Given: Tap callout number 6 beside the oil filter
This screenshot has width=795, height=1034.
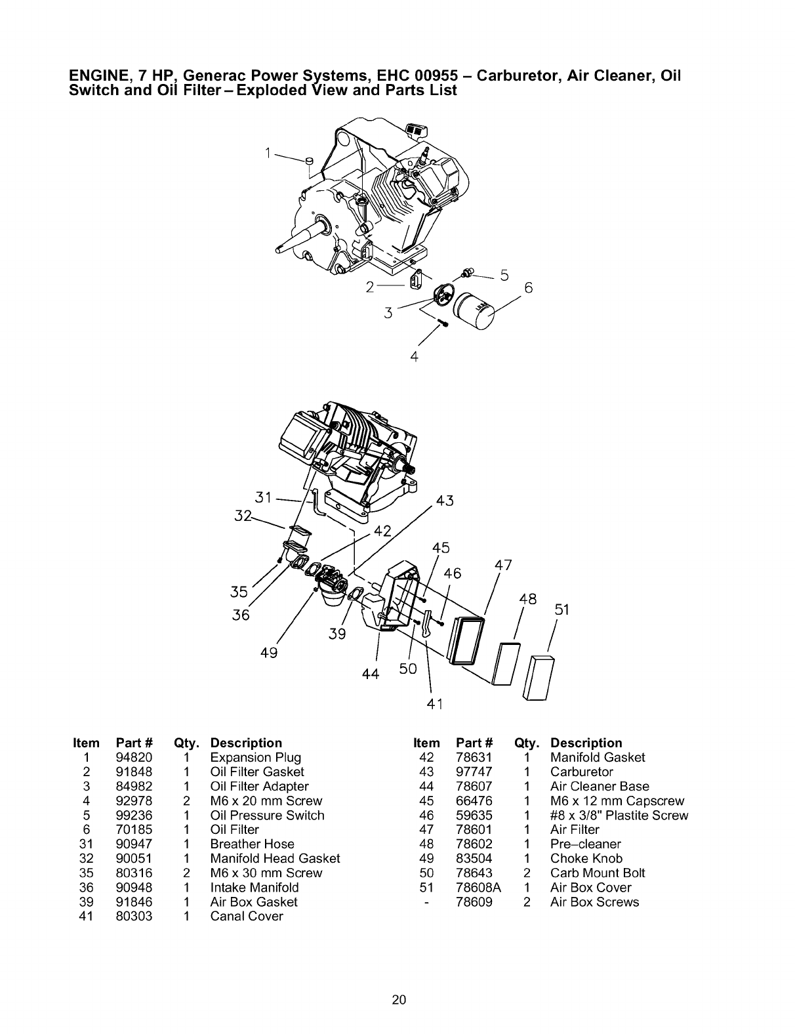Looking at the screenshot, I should [x=529, y=288].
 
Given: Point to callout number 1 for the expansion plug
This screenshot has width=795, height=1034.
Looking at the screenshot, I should [x=268, y=153].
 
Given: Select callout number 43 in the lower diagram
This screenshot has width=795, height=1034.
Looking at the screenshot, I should [x=445, y=501].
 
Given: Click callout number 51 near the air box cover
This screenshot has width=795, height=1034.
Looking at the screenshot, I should [x=561, y=610].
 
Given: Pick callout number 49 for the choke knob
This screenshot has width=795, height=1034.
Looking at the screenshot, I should [x=269, y=653].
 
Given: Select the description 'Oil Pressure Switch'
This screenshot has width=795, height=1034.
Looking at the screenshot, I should [x=267, y=816].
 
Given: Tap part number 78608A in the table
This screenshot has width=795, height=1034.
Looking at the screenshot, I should [x=478, y=888].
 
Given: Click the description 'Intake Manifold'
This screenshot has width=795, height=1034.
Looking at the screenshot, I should [x=254, y=888].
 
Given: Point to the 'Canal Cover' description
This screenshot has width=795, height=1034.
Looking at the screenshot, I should [x=247, y=917].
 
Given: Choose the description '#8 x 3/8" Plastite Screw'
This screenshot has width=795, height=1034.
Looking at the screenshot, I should [x=619, y=816].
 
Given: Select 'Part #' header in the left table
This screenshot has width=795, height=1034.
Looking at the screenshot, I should [x=134, y=743].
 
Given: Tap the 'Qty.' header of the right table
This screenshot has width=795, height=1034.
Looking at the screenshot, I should [x=527, y=743].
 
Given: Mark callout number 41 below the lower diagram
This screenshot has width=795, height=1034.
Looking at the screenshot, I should [x=435, y=705].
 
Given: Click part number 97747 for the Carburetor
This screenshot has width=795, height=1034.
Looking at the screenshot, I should [x=474, y=772].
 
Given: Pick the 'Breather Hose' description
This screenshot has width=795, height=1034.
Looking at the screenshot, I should [x=252, y=844].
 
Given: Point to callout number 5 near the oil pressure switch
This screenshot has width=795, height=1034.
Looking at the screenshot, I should [x=504, y=276].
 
